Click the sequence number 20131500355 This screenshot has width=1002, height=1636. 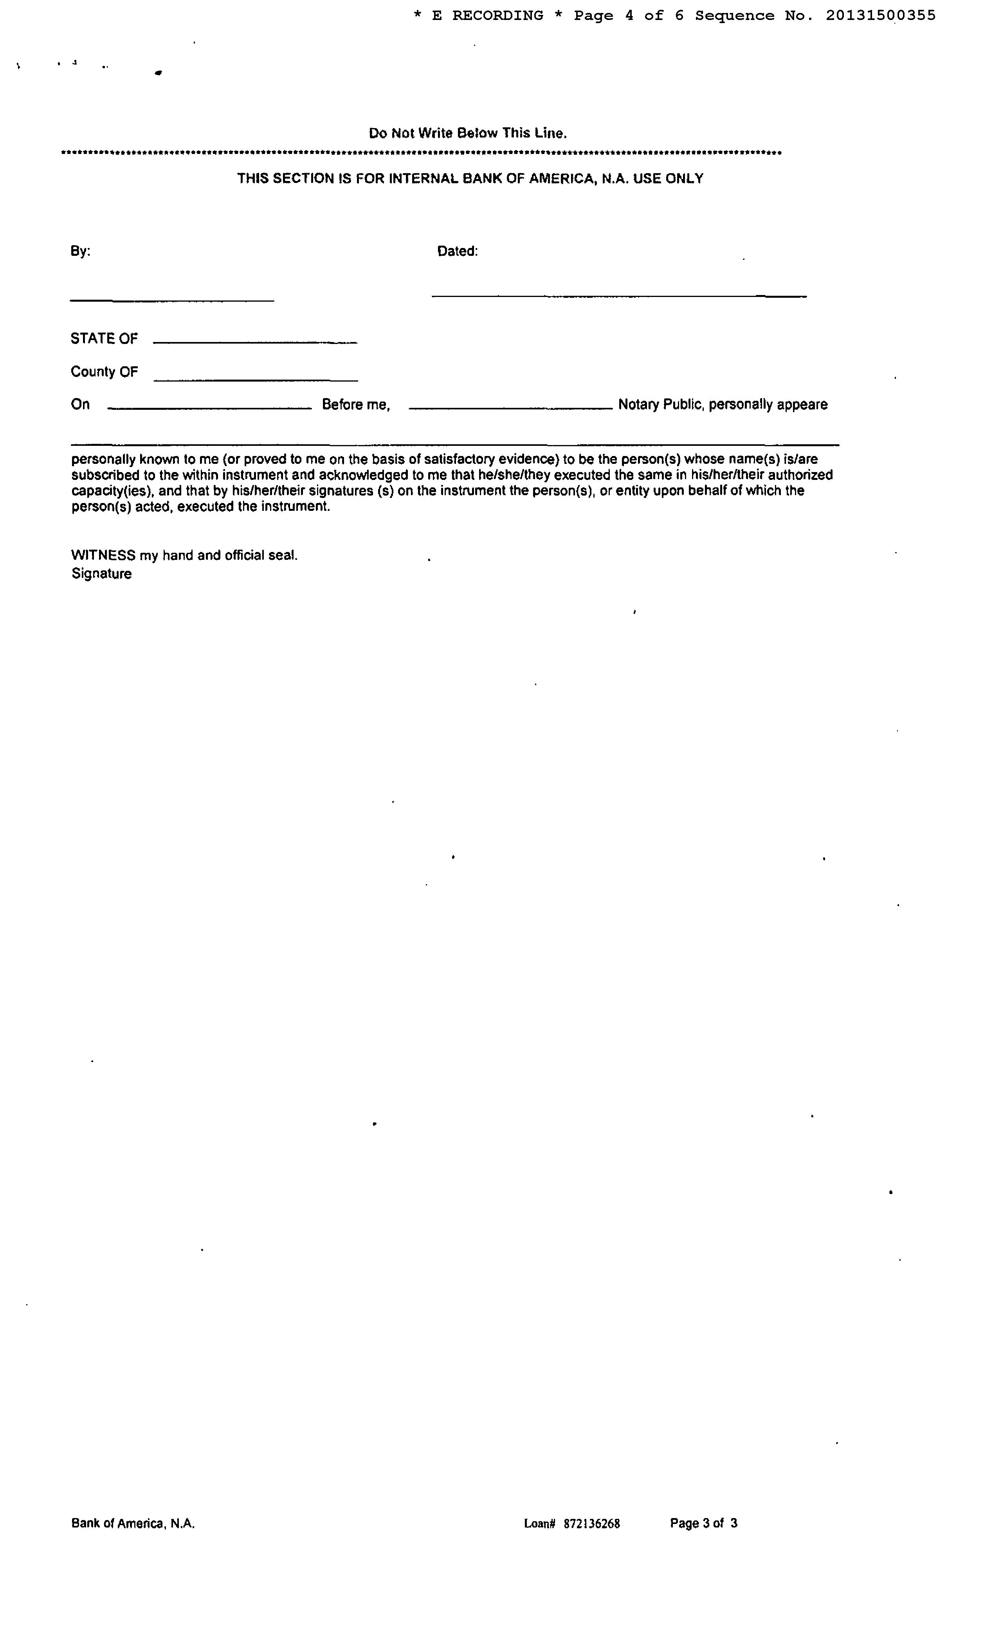[881, 15]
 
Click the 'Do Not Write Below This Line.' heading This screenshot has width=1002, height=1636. [468, 133]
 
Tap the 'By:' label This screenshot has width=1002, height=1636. [80, 251]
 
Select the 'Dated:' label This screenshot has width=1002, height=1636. [457, 251]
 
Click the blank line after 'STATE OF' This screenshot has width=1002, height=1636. [255, 342]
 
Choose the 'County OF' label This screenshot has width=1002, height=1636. [104, 372]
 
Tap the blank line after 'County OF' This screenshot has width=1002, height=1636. [256, 380]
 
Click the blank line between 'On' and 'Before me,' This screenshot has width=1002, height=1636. [209, 408]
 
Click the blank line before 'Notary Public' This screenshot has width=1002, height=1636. [510, 408]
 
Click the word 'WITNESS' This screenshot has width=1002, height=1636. [103, 555]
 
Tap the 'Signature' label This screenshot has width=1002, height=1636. [101, 574]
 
